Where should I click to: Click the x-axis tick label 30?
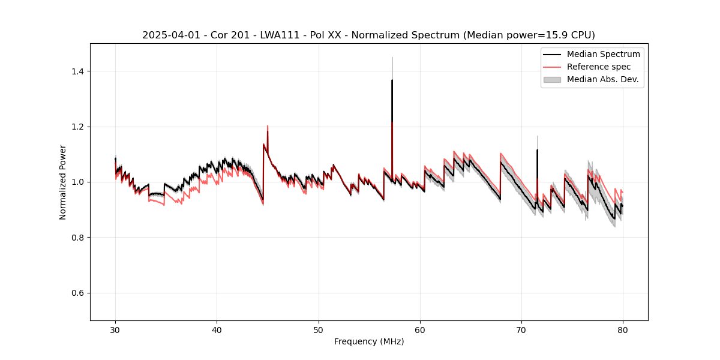[x=115, y=330]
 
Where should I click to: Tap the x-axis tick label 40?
[x=217, y=330]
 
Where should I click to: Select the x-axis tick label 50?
[x=319, y=330]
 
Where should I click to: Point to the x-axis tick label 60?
[x=420, y=330]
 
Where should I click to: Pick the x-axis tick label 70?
[x=521, y=330]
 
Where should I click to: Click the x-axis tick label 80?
[x=623, y=330]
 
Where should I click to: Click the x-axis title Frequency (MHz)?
[x=369, y=341]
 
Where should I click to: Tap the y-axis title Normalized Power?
[x=63, y=182]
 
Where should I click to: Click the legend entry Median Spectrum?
[x=603, y=54]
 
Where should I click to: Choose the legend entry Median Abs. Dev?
[x=602, y=79]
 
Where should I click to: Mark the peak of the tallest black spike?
[x=392, y=80]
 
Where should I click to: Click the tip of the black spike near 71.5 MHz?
[x=537, y=150]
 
